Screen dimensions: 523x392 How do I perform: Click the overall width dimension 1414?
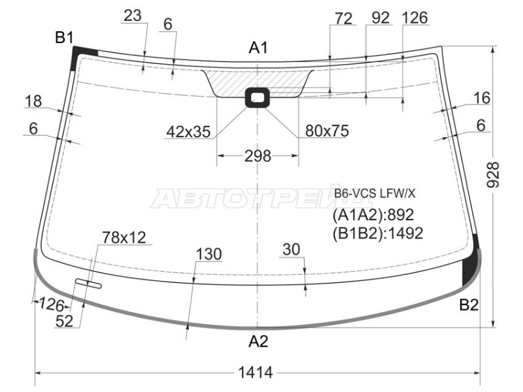(256, 372)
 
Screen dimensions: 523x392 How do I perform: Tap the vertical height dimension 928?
(494, 174)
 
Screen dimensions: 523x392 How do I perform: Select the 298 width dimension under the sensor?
(258, 155)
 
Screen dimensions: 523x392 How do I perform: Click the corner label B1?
(64, 38)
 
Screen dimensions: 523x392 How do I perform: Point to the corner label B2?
(469, 304)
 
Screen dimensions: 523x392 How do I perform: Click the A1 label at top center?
(258, 48)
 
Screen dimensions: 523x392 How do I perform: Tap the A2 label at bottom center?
(258, 341)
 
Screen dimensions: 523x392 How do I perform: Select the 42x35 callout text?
(188, 132)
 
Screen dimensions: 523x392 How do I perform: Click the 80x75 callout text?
(327, 131)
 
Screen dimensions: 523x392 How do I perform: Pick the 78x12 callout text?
(124, 238)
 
